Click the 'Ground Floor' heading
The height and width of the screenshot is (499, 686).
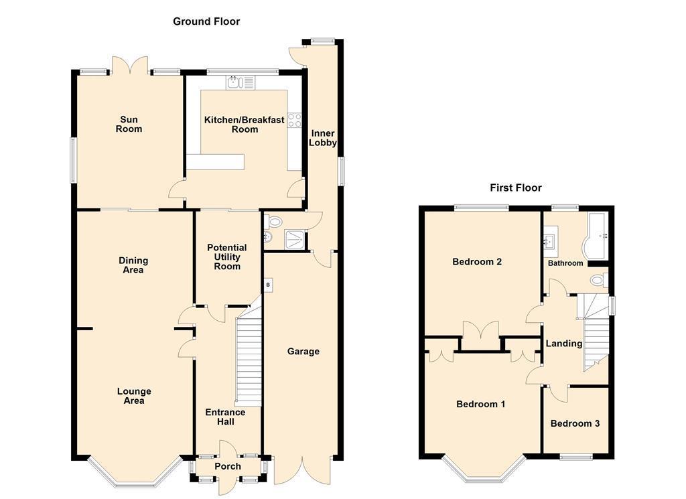[x=206, y=21]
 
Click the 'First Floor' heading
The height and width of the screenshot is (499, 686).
[x=516, y=188]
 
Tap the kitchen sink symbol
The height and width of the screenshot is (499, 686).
[x=241, y=82]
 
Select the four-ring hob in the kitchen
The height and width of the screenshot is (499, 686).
[x=295, y=121]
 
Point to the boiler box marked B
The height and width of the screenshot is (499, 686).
[x=268, y=285]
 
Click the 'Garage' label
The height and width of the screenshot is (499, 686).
[x=303, y=351]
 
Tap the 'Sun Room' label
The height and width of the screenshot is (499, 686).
[x=129, y=124]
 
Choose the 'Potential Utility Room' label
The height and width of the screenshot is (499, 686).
[x=227, y=257]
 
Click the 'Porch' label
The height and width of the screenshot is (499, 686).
[x=228, y=467]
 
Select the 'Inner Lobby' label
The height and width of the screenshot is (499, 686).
[x=323, y=138]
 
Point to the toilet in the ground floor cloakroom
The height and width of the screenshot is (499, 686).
[x=273, y=222]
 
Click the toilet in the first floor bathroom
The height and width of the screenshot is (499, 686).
[x=598, y=280]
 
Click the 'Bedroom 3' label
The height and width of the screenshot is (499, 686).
[x=575, y=423]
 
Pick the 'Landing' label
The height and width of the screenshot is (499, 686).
[x=564, y=344]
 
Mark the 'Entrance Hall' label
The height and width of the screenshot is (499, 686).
[x=225, y=417]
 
